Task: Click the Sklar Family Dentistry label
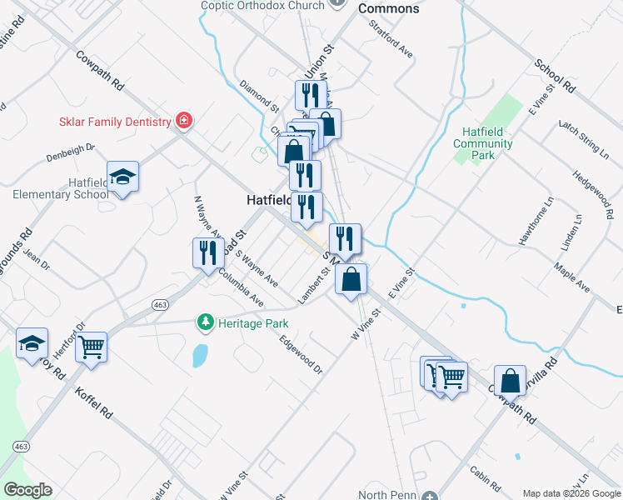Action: click(114, 122)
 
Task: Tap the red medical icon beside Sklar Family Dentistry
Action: click(184, 122)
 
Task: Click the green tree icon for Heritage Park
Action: click(205, 321)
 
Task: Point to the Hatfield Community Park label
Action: click(483, 143)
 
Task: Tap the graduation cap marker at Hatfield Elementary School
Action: click(123, 177)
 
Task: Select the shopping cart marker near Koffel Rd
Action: click(91, 347)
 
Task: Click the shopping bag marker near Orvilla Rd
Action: click(510, 381)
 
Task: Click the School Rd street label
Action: click(555, 76)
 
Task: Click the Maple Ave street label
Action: click(571, 278)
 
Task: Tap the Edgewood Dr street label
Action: click(301, 354)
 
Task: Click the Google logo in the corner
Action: click(27, 490)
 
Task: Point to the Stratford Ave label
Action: click(391, 38)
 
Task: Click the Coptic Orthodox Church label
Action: click(262, 6)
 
